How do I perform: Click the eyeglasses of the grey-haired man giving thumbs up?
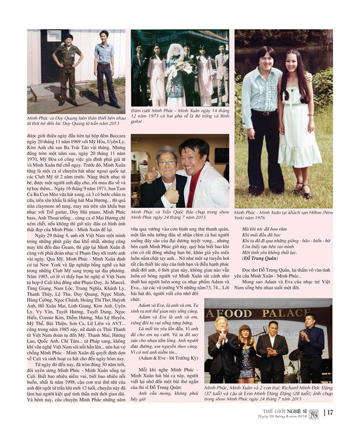167,163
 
